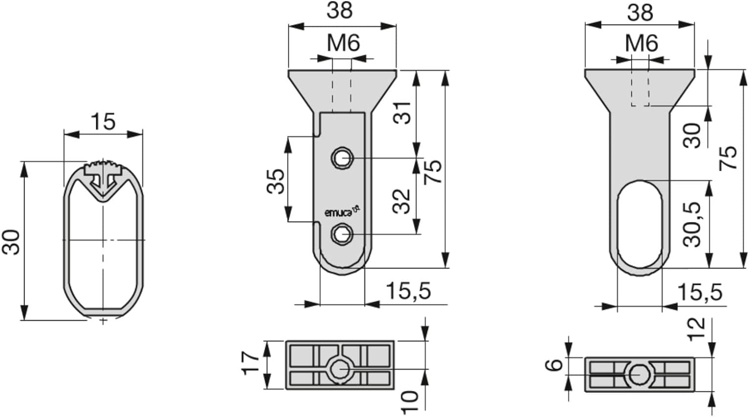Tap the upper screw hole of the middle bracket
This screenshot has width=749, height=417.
point(342,158)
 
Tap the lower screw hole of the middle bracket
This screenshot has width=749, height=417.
point(342,234)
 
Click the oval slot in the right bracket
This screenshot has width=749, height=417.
point(640,224)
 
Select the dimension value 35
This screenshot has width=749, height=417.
point(276,182)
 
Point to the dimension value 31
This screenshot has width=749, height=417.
point(401,113)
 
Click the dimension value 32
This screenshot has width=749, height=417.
point(401,201)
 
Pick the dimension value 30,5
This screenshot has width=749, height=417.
point(693,224)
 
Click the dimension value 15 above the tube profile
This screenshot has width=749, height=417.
point(103,122)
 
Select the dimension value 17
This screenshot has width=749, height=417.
point(250,363)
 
